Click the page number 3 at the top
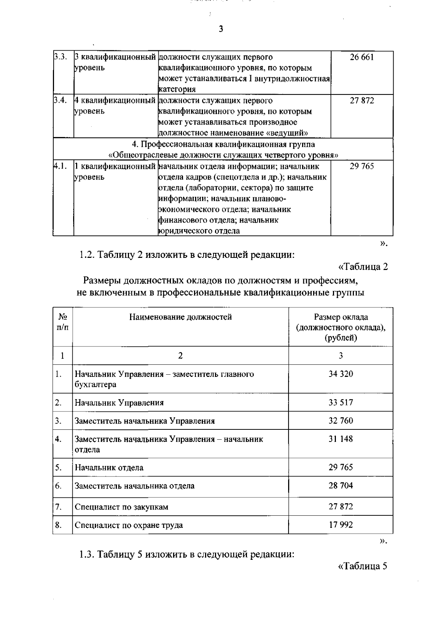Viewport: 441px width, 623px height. [x=220, y=29]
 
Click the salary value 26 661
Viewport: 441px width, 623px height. [x=362, y=57]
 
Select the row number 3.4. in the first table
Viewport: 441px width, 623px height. [x=60, y=100]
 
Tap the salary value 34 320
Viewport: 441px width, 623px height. [x=341, y=374]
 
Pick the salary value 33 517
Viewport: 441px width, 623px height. [x=341, y=402]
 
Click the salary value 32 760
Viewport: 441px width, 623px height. [x=341, y=420]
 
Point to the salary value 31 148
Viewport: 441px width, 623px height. [x=341, y=439]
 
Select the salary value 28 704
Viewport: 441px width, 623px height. [x=341, y=485]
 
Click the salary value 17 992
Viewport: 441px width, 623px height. [x=341, y=525]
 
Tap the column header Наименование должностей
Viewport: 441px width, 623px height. [x=180, y=317]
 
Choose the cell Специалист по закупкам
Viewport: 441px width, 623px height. [x=121, y=507]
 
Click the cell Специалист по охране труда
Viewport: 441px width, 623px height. [x=129, y=525]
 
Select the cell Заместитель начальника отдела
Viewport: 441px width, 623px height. [x=135, y=486]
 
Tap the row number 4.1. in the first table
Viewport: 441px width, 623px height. [x=60, y=166]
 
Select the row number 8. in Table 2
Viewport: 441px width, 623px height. [x=58, y=525]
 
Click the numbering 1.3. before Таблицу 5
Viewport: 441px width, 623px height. [x=87, y=554]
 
